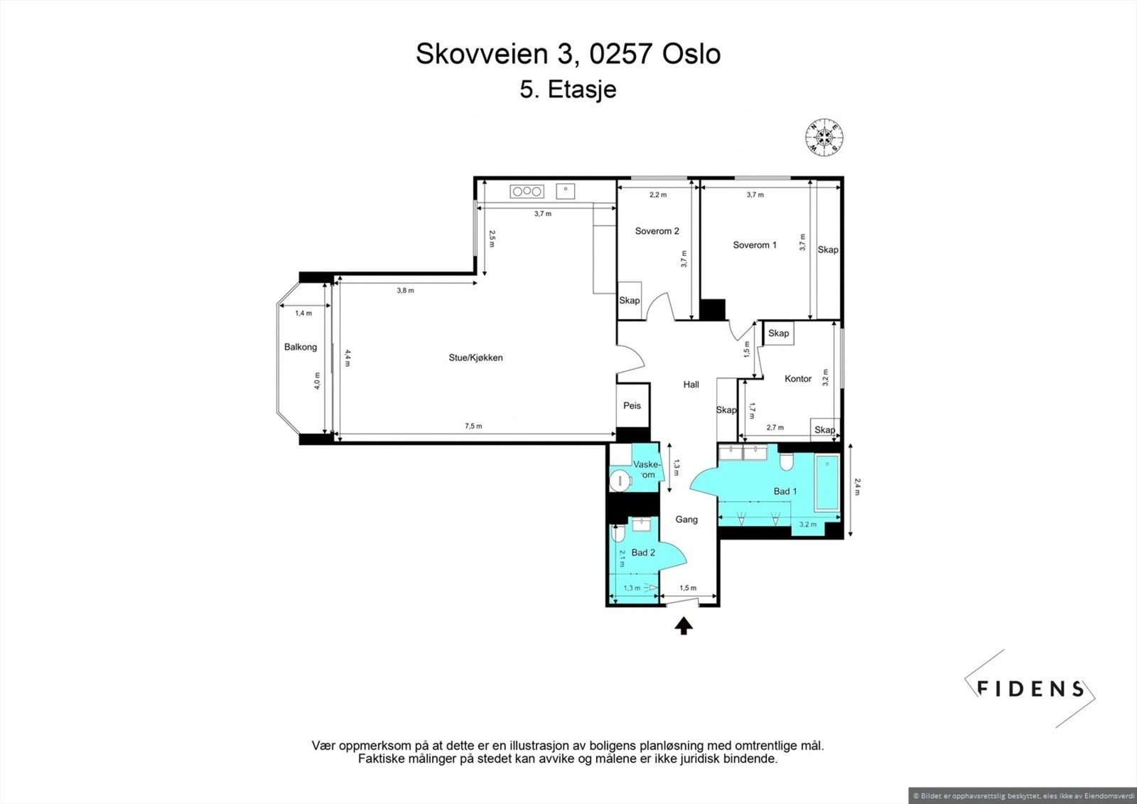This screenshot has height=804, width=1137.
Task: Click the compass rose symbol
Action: pyautogui.click(x=824, y=137)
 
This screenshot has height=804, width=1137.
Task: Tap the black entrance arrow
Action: pyautogui.click(x=684, y=626)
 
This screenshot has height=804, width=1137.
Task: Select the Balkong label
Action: pyautogui.click(x=301, y=347)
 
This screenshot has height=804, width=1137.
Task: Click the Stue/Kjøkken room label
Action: pyautogui.click(x=475, y=358)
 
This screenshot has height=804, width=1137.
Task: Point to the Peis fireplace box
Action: pyautogui.click(x=632, y=405)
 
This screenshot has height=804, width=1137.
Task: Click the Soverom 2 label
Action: pyautogui.click(x=657, y=231)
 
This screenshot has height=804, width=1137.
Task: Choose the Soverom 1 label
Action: pyautogui.click(x=754, y=245)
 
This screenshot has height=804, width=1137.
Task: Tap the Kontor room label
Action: pyautogui.click(x=798, y=378)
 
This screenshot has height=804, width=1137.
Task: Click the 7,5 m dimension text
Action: pyautogui.click(x=473, y=426)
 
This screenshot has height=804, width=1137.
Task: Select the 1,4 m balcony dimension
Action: pyautogui.click(x=303, y=313)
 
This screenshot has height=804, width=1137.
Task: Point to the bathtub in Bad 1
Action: pyautogui.click(x=827, y=483)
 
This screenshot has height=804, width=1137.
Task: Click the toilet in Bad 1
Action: pyautogui.click(x=786, y=461)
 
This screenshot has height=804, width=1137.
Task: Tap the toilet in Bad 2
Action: pyautogui.click(x=618, y=533)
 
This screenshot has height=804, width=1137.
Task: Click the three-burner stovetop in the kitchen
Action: pyautogui.click(x=527, y=191)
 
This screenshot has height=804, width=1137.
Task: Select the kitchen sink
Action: pyautogui.click(x=566, y=191)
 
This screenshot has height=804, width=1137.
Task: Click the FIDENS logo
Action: pyautogui.click(x=1030, y=689)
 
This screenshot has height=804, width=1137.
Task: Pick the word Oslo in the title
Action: pyautogui.click(x=691, y=54)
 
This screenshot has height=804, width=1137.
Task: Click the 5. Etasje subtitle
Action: pyautogui.click(x=568, y=90)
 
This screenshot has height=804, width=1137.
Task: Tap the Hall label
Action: pyautogui.click(x=691, y=385)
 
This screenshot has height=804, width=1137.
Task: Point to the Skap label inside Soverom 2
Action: pyautogui.click(x=630, y=300)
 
